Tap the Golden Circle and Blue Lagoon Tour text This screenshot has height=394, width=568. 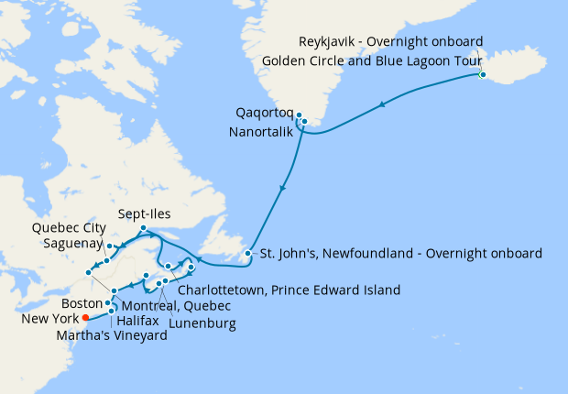click(379, 60)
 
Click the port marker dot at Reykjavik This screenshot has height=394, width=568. click(483, 74)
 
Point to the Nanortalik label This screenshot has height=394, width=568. click(261, 132)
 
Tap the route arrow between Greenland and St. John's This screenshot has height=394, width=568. click(282, 189)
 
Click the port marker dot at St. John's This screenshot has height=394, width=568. click(247, 253)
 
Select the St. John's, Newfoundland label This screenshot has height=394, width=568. click(401, 253)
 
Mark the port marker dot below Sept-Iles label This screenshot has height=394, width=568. click(144, 227)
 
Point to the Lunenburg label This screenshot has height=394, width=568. click(202, 323)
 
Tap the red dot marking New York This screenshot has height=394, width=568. click(85, 318)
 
